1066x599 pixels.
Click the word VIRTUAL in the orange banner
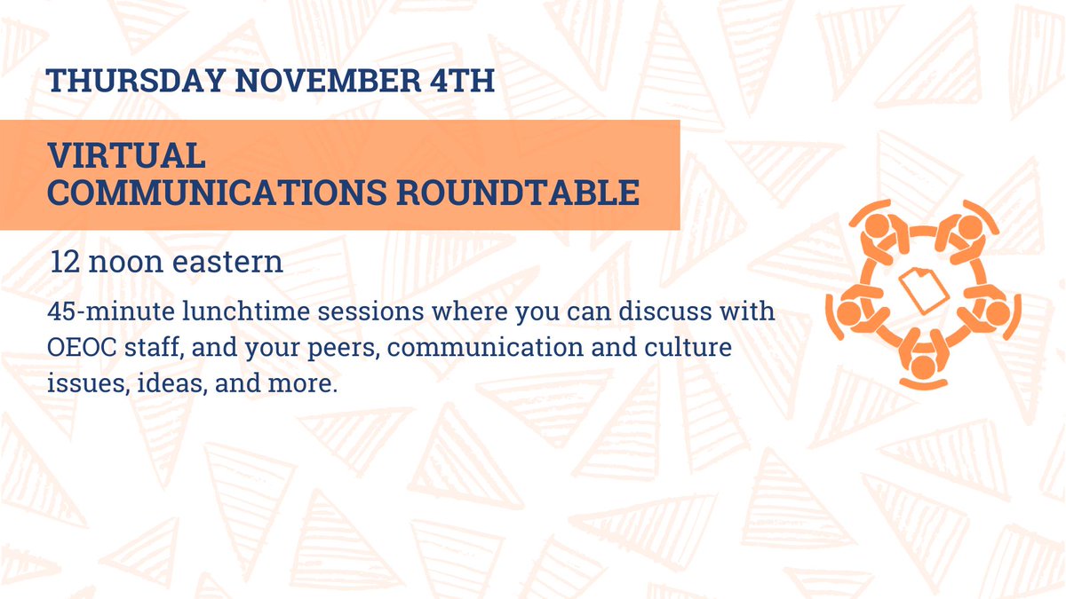point(128,157)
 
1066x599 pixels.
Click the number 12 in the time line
point(65,263)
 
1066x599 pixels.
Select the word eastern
point(228,263)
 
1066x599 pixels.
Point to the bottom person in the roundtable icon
point(923,359)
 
